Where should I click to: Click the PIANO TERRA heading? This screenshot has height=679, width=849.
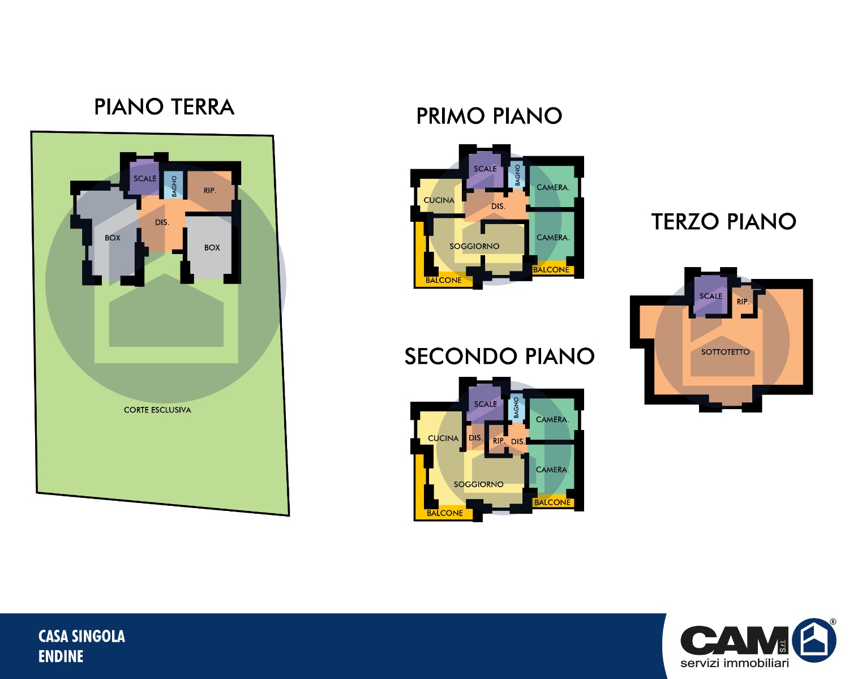[x=164, y=107]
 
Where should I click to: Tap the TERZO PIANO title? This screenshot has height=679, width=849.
[x=723, y=221]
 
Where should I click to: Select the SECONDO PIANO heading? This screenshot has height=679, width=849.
[x=499, y=356]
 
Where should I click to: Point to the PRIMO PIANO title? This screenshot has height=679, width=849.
[x=489, y=116]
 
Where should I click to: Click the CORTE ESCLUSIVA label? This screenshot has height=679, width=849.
[x=157, y=410]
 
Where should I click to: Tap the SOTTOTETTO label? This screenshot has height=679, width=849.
[x=725, y=352]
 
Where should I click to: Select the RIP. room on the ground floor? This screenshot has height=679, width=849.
[x=211, y=191]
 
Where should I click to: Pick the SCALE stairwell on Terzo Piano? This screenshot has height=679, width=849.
[x=711, y=296]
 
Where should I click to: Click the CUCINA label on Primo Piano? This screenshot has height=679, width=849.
[x=439, y=200]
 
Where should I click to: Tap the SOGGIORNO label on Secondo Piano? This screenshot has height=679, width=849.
[x=478, y=484]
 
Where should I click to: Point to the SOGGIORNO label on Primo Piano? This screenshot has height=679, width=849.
[x=474, y=246]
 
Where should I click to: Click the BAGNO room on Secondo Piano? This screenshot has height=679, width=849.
[x=516, y=407]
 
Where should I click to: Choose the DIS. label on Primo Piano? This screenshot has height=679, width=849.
[x=498, y=206]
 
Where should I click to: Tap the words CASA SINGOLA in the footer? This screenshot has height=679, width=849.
[x=82, y=637]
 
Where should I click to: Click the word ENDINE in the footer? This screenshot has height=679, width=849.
[x=61, y=656]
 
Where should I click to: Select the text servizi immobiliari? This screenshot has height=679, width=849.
[x=735, y=663]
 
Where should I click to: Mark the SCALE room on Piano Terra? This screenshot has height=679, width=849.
[x=145, y=178]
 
